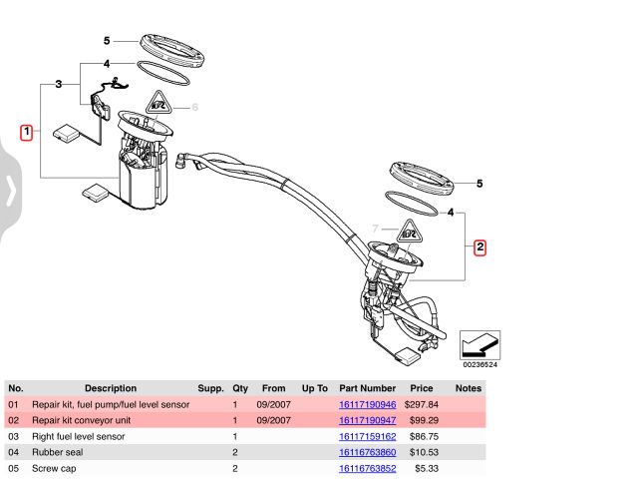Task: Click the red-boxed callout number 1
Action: (27, 131)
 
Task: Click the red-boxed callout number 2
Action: (479, 246)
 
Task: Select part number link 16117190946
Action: (367, 405)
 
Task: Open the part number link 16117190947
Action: (367, 421)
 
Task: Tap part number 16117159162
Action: (367, 436)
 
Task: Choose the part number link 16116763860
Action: (367, 452)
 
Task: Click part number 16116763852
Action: (367, 468)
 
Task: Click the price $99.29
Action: (422, 421)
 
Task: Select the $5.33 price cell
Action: (426, 468)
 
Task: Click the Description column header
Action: (111, 388)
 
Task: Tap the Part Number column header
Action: (367, 388)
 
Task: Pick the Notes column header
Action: (469, 388)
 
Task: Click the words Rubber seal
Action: (58, 452)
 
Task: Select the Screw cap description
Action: (55, 468)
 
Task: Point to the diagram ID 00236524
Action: (479, 364)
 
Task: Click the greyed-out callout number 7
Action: (376, 229)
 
